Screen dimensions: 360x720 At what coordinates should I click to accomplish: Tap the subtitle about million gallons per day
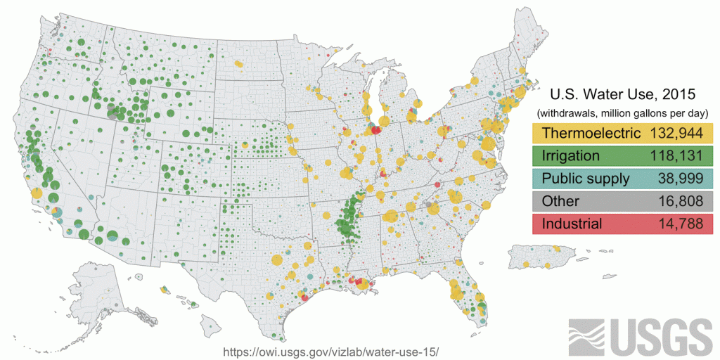pos(622,112)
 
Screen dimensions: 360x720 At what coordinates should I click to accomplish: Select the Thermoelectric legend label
pos(591,133)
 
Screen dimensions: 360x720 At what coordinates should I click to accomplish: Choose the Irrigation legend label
pos(570,155)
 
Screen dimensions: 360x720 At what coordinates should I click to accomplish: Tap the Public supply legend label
pos(586,179)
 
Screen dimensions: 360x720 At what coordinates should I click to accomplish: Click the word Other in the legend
pos(560,201)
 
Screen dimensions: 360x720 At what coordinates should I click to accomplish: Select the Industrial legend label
pos(572,224)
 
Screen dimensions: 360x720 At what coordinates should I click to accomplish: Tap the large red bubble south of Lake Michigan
pos(376,129)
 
